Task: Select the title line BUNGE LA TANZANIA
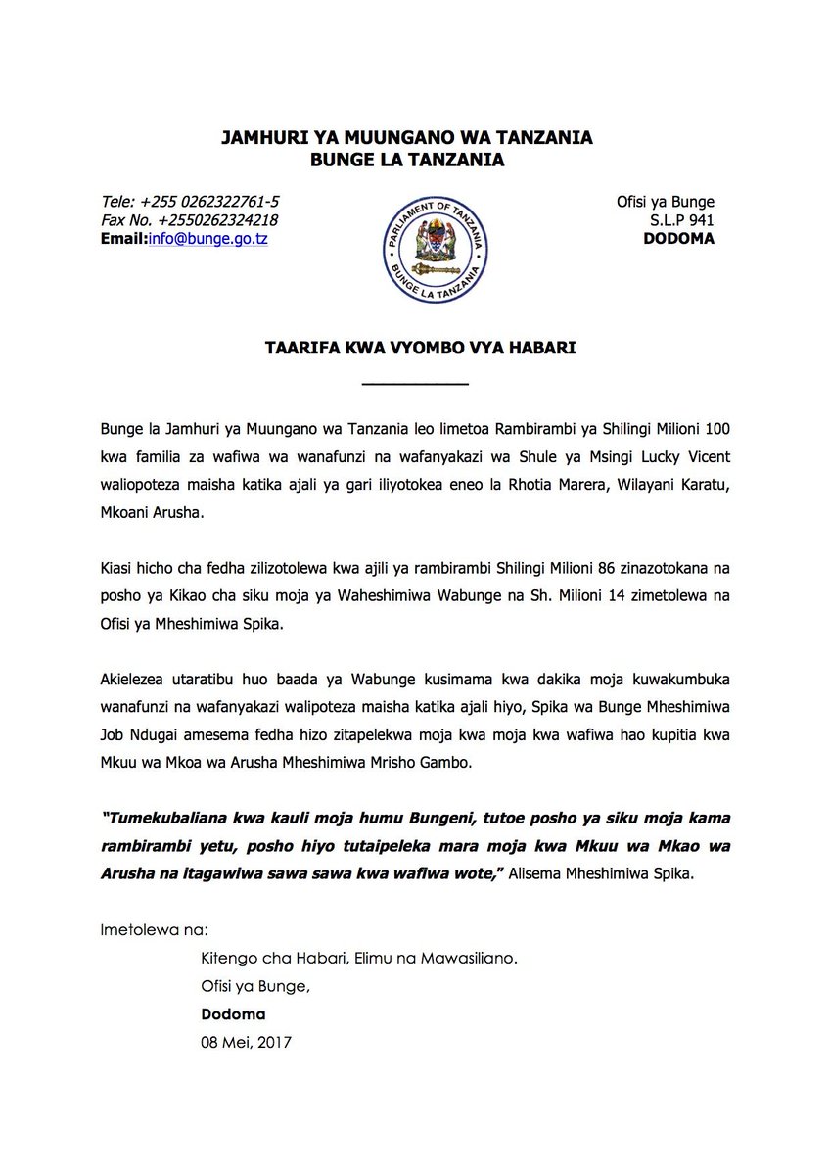tap(415, 160)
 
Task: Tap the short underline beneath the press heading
tap(415, 383)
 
